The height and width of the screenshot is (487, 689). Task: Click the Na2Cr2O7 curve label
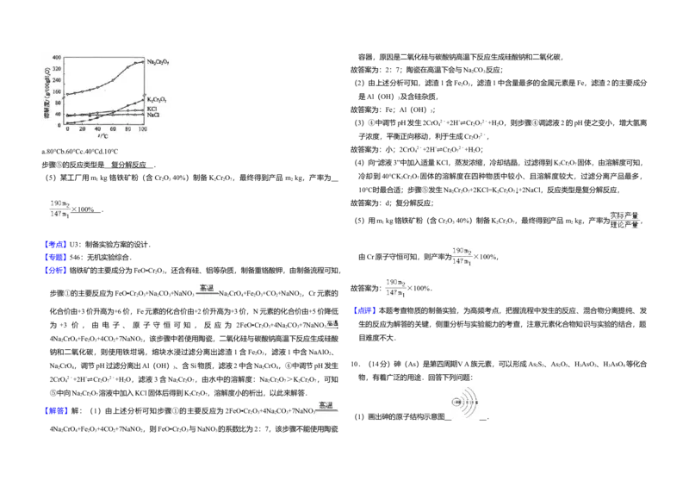click(158, 62)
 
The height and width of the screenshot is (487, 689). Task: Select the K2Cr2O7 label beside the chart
click(156, 100)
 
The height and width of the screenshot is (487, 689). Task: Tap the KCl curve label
click(152, 109)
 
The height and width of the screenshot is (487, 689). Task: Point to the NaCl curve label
click(152, 115)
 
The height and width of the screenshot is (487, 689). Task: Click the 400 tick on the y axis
click(57, 58)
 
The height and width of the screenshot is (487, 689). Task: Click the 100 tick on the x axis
click(142, 129)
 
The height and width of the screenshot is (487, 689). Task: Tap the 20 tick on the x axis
click(82, 129)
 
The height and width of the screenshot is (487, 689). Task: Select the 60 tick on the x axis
click(113, 129)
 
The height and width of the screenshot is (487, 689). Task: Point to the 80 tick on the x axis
click(127, 129)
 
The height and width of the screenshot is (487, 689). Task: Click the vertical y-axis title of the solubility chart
click(47, 91)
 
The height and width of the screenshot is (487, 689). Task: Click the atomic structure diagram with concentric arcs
click(465, 403)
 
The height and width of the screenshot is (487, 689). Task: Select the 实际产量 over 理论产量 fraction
click(624, 220)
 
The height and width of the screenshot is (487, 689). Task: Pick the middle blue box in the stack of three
click(56, 258)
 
